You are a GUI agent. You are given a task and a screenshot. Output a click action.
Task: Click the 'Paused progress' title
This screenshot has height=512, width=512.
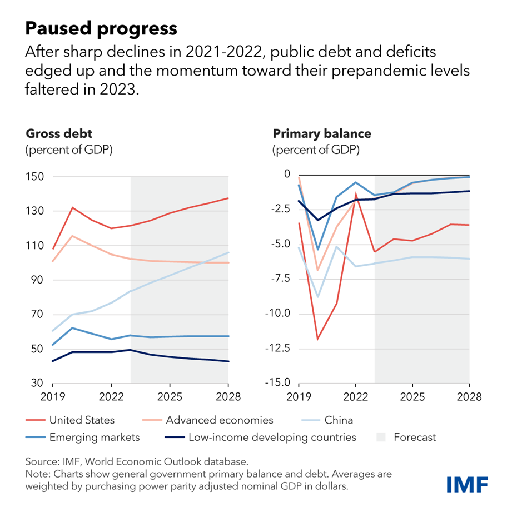point(102,28)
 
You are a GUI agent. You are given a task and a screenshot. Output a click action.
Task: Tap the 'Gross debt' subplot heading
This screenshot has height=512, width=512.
point(59,134)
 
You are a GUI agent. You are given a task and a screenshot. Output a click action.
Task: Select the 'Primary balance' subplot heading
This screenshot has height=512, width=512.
point(321,134)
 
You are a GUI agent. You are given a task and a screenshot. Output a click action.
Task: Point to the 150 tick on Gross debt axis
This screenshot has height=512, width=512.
point(36,177)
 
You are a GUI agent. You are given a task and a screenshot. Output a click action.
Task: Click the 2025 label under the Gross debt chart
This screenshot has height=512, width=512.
point(170,398)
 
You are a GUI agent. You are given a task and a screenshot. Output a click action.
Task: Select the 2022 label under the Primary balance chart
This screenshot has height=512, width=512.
point(355,398)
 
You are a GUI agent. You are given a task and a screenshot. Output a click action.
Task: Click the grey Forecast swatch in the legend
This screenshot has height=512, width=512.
point(379,437)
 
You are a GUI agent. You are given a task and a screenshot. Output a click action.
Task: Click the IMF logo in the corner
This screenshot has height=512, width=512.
point(467,483)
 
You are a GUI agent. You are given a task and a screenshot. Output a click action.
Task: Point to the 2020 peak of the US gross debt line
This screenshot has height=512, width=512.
point(72,208)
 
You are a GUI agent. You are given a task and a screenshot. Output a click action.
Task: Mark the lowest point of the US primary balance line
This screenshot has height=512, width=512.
point(317,339)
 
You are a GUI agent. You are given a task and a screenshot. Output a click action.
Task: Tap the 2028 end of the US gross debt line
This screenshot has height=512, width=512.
point(228,198)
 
